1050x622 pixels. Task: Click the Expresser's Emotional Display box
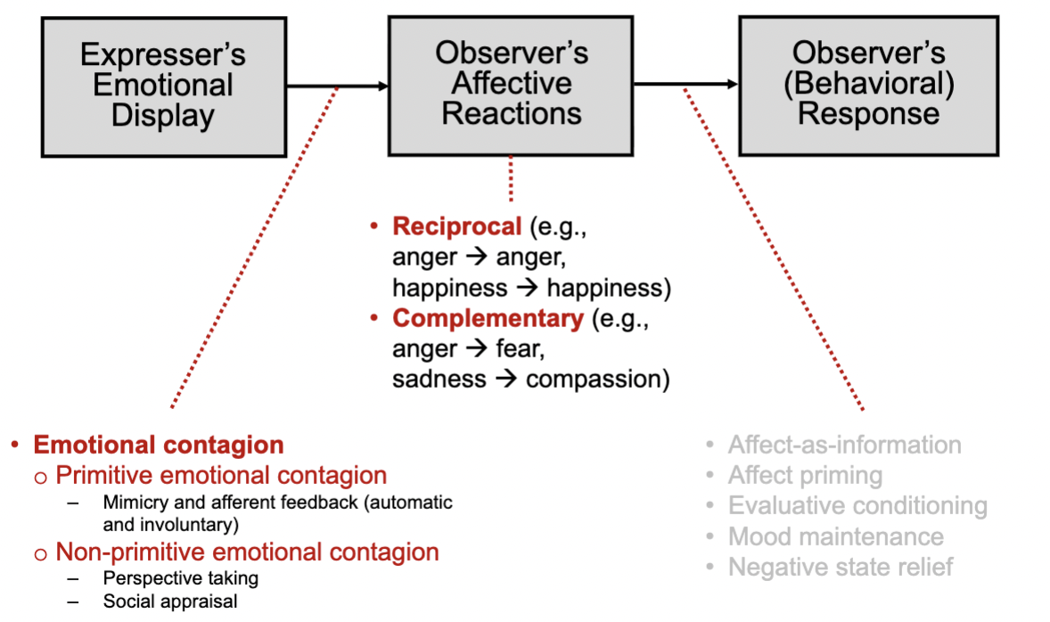point(164,87)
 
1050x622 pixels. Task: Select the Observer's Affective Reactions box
point(511,86)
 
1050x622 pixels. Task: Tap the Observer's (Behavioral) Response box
point(868,86)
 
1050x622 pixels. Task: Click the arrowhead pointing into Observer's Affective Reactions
point(383,86)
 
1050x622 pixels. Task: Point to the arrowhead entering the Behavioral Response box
point(733,84)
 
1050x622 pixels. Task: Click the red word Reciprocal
point(456,226)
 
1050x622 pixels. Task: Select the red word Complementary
point(488,318)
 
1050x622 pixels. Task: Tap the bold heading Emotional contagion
point(159,445)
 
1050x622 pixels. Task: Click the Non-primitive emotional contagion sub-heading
point(247,552)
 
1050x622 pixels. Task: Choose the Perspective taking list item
point(180,577)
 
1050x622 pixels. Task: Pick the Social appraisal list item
point(170,602)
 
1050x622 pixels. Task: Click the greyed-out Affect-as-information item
point(844,445)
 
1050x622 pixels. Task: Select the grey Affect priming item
point(805,475)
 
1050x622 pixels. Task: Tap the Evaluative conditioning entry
point(857,505)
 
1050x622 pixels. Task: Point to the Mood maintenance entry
point(836,536)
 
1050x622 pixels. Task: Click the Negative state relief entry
point(841,567)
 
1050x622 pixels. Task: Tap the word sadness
point(439,379)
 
